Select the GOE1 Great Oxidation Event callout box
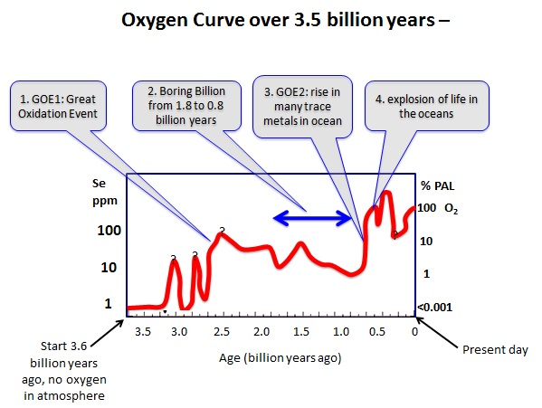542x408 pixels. [58, 106]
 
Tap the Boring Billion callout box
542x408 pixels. [186, 106]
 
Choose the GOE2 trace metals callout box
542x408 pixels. [302, 107]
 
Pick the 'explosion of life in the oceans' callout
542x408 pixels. [426, 106]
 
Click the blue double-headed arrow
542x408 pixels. [312, 218]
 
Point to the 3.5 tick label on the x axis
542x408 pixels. [143, 332]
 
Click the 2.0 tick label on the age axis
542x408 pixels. [261, 332]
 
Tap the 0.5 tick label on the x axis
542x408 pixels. [376, 332]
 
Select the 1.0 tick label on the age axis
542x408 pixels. [341, 332]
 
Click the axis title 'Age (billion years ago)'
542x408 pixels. [280, 358]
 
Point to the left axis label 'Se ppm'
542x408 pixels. [104, 192]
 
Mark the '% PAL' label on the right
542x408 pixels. [437, 185]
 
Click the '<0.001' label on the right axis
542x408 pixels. [435, 307]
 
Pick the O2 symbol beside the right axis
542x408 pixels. [451, 208]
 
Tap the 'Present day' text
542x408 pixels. [495, 349]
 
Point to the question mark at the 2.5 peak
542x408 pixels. [222, 231]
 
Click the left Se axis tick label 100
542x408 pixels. [109, 231]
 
